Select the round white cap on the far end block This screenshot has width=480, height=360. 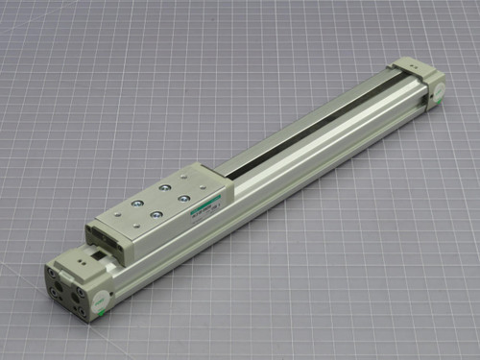pyautogui.click(x=433, y=92)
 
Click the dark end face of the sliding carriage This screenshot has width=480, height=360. pyautogui.click(x=101, y=235)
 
